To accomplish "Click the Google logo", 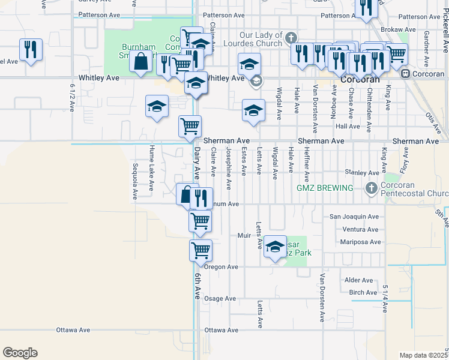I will (x=20, y=353).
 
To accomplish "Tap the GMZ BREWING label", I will (x=325, y=188).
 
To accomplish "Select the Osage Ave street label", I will (x=220, y=298).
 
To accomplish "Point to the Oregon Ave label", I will (x=221, y=266).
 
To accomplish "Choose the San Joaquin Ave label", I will (x=354, y=217).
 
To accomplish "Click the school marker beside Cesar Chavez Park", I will (x=275, y=247).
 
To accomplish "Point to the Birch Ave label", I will (x=363, y=293).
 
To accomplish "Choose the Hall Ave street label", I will (x=348, y=127).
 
